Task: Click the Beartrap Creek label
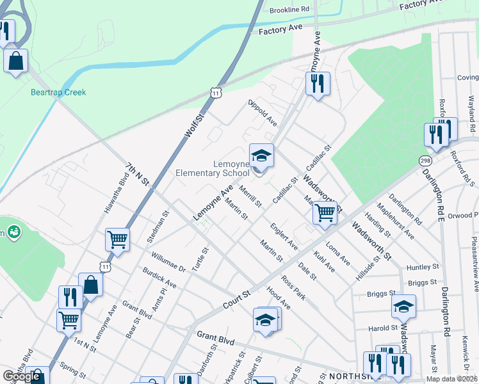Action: point(58,92)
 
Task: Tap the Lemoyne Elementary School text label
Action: point(213,168)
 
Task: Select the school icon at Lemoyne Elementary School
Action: point(261,156)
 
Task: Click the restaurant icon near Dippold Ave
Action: point(318,83)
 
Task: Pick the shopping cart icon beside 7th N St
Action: point(118,240)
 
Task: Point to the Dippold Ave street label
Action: point(263,112)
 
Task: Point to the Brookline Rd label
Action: point(289,10)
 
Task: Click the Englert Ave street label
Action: point(284,237)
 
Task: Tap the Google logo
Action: point(22,376)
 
